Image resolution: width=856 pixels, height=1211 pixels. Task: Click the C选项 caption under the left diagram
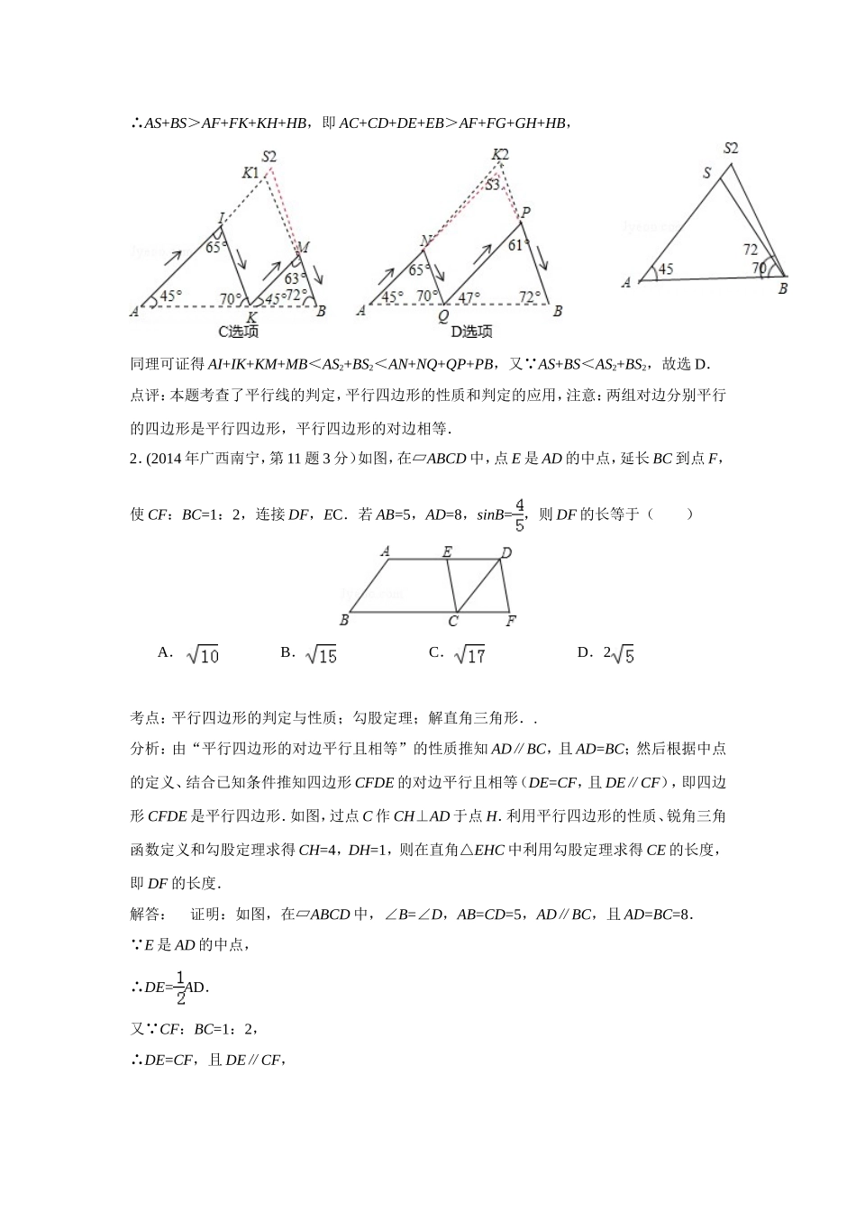pyautogui.click(x=238, y=332)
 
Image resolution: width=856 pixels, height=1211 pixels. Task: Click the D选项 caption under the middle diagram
pyautogui.click(x=471, y=332)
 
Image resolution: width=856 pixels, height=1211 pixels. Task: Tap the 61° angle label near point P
pyautogui.click(x=516, y=245)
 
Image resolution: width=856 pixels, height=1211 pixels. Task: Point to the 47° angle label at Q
pyautogui.click(x=469, y=296)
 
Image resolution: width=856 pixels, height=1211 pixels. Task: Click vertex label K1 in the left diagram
pyautogui.click(x=250, y=172)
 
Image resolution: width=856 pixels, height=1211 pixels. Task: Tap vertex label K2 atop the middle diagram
pyautogui.click(x=501, y=154)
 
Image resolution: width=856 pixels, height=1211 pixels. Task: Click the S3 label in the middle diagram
pyautogui.click(x=493, y=185)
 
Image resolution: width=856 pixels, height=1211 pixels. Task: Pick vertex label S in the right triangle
pyautogui.click(x=707, y=172)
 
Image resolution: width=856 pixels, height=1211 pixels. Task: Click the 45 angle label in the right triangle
pyautogui.click(x=665, y=269)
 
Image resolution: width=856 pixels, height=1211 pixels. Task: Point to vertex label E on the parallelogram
pyautogui.click(x=447, y=551)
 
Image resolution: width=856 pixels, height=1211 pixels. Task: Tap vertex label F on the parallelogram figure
pyautogui.click(x=511, y=621)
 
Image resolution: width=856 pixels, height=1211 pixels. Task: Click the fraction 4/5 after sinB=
pyautogui.click(x=519, y=514)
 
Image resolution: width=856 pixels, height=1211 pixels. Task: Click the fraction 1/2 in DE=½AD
pyautogui.click(x=180, y=988)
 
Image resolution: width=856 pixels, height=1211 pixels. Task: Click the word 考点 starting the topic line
pyautogui.click(x=144, y=718)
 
